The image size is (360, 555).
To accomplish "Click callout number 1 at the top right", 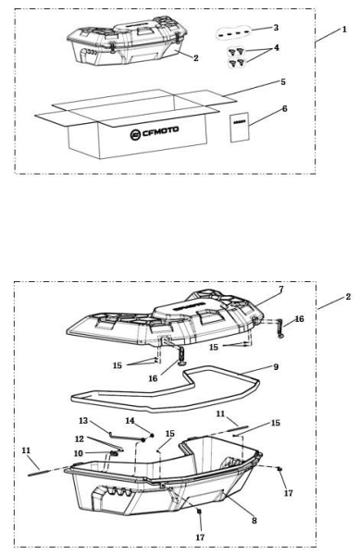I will pos(343,30).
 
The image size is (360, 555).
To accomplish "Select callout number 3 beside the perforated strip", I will pos(275,29).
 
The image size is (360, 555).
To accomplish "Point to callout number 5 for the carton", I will pos(282,81).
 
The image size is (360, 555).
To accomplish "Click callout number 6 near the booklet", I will pos(283,109).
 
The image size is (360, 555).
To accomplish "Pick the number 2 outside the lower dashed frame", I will pos(347,298).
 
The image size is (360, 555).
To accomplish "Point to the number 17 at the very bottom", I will pos(200,536).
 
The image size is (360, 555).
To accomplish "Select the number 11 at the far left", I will pos(26,449).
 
